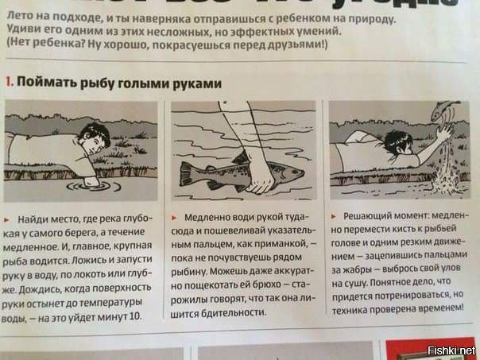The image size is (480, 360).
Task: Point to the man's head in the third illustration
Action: click(x=397, y=144)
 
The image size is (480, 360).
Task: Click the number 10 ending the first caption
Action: click(x=135, y=317)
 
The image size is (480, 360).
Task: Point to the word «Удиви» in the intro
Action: click(x=19, y=31)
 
